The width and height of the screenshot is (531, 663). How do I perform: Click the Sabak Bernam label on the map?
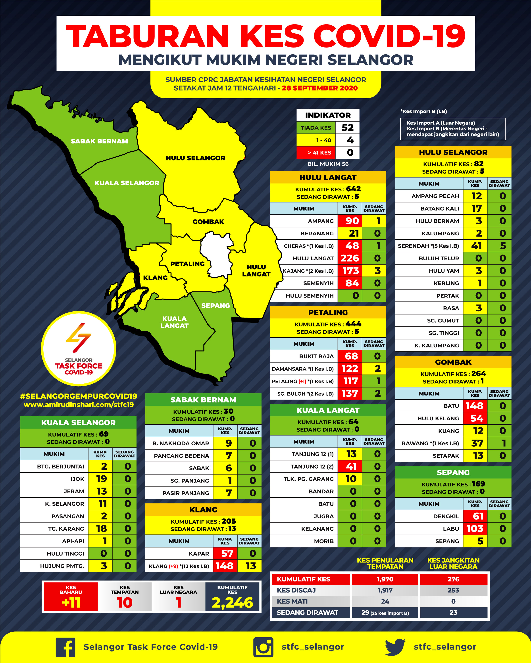pyautogui.click(x=99, y=141)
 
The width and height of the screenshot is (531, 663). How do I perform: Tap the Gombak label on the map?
pyautogui.click(x=208, y=221)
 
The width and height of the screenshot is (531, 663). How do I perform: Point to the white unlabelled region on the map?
pyautogui.click(x=216, y=254)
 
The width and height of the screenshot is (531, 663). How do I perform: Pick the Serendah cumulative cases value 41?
pyautogui.click(x=476, y=246)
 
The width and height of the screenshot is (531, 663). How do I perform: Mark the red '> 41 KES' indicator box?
pyautogui.click(x=316, y=152)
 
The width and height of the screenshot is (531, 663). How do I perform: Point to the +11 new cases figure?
pyautogui.click(x=71, y=602)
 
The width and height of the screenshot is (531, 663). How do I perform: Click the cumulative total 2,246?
pyautogui.click(x=232, y=602)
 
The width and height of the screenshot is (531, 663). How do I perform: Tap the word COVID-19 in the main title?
pyautogui.click(x=389, y=36)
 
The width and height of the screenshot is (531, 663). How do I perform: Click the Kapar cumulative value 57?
pyautogui.click(x=227, y=553)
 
